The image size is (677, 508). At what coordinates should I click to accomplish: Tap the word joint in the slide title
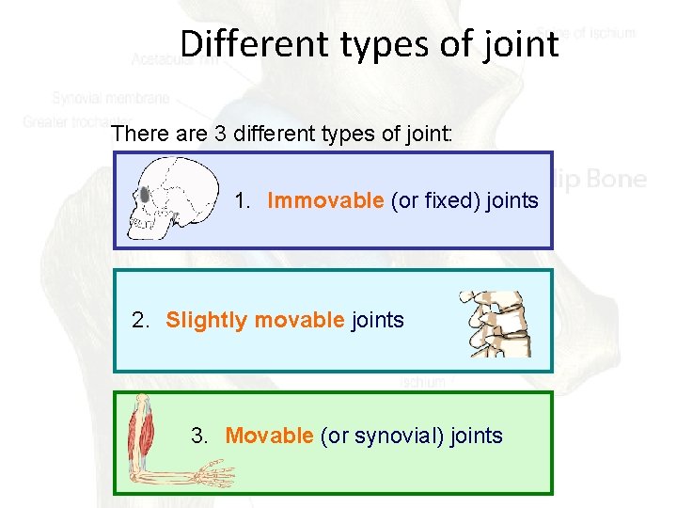[523, 43]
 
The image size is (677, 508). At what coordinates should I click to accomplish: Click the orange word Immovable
[325, 200]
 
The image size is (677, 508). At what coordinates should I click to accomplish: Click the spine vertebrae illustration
[495, 324]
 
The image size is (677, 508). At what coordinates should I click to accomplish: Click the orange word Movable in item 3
[269, 436]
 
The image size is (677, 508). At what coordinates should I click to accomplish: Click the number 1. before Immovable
[244, 200]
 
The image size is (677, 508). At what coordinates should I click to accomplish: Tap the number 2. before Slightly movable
[141, 320]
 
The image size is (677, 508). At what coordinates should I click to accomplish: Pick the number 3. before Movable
[200, 436]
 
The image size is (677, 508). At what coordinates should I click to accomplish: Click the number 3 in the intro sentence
[221, 133]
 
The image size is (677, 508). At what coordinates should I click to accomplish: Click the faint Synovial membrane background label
[111, 98]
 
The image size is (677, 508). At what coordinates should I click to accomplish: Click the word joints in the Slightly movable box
[377, 320]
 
